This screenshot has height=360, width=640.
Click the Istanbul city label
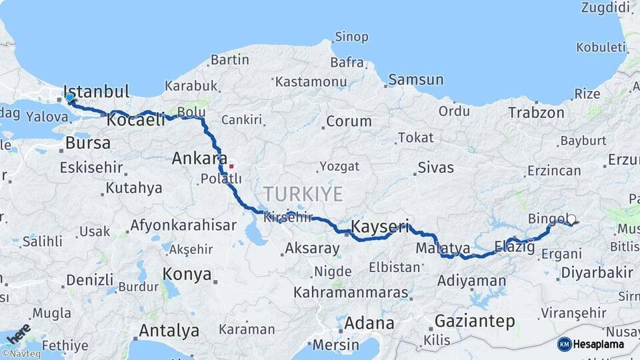point(96,91)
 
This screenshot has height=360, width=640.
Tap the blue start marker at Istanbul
point(69,98)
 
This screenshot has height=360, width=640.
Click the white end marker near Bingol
point(571,219)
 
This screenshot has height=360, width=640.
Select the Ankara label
point(199,159)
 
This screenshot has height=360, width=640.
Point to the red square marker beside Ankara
point(231,166)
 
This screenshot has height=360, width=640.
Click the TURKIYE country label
point(303,194)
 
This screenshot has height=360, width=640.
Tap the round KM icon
point(564,344)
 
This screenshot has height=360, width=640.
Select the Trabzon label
point(536,113)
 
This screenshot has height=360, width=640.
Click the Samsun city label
point(415,80)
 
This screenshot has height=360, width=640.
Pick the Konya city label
point(187,274)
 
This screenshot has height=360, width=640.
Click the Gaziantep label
point(474,321)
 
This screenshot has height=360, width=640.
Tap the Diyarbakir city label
point(597,272)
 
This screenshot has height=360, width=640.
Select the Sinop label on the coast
point(351,37)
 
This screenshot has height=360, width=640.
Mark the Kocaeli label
point(135,120)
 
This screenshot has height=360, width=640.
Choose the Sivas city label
point(435,167)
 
